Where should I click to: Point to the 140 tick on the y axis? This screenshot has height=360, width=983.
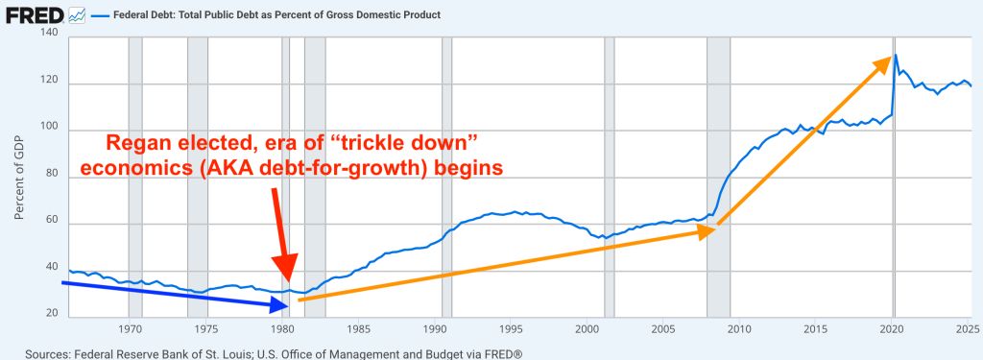coord(47,34)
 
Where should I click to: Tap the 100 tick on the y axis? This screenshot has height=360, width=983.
coord(47,128)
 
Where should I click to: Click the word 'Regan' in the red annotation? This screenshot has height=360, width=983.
coord(141,144)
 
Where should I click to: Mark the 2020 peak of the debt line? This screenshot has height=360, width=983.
coord(895,56)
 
